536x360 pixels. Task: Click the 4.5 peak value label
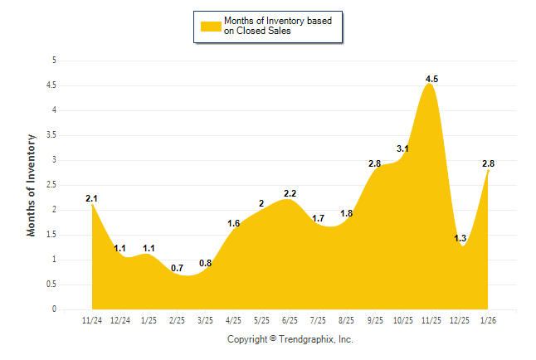coord(431,79)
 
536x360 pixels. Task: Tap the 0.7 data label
coord(177,268)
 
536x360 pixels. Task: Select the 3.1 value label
coord(403,148)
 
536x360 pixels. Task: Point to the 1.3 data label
coord(460,238)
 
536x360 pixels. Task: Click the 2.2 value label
coord(290,193)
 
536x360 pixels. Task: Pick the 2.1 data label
coord(92,198)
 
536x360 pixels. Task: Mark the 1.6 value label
coord(233,223)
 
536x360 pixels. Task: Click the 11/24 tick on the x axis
coord(92,319)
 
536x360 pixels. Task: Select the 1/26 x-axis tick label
coord(489,319)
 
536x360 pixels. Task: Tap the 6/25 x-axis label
coord(290,319)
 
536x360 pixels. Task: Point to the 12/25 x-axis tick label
coord(460,319)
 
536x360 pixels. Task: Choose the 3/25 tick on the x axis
coord(205,319)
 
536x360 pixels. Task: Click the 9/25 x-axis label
coord(375,319)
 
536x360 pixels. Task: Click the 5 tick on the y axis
coord(54,61)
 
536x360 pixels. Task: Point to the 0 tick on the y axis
coord(54,309)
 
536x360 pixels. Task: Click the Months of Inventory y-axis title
coord(32,185)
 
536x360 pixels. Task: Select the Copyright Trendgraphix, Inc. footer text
coord(290,339)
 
